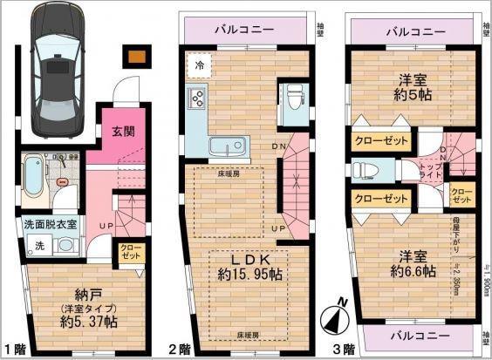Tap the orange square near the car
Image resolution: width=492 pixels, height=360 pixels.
(x=135, y=58)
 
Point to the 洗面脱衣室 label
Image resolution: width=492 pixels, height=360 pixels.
(x=51, y=223)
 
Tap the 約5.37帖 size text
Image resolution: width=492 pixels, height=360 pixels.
(x=90, y=323)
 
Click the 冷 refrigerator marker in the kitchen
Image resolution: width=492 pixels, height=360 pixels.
(x=201, y=65)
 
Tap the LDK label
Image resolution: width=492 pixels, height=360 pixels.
(x=247, y=261)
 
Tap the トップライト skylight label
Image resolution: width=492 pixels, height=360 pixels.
(x=430, y=167)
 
